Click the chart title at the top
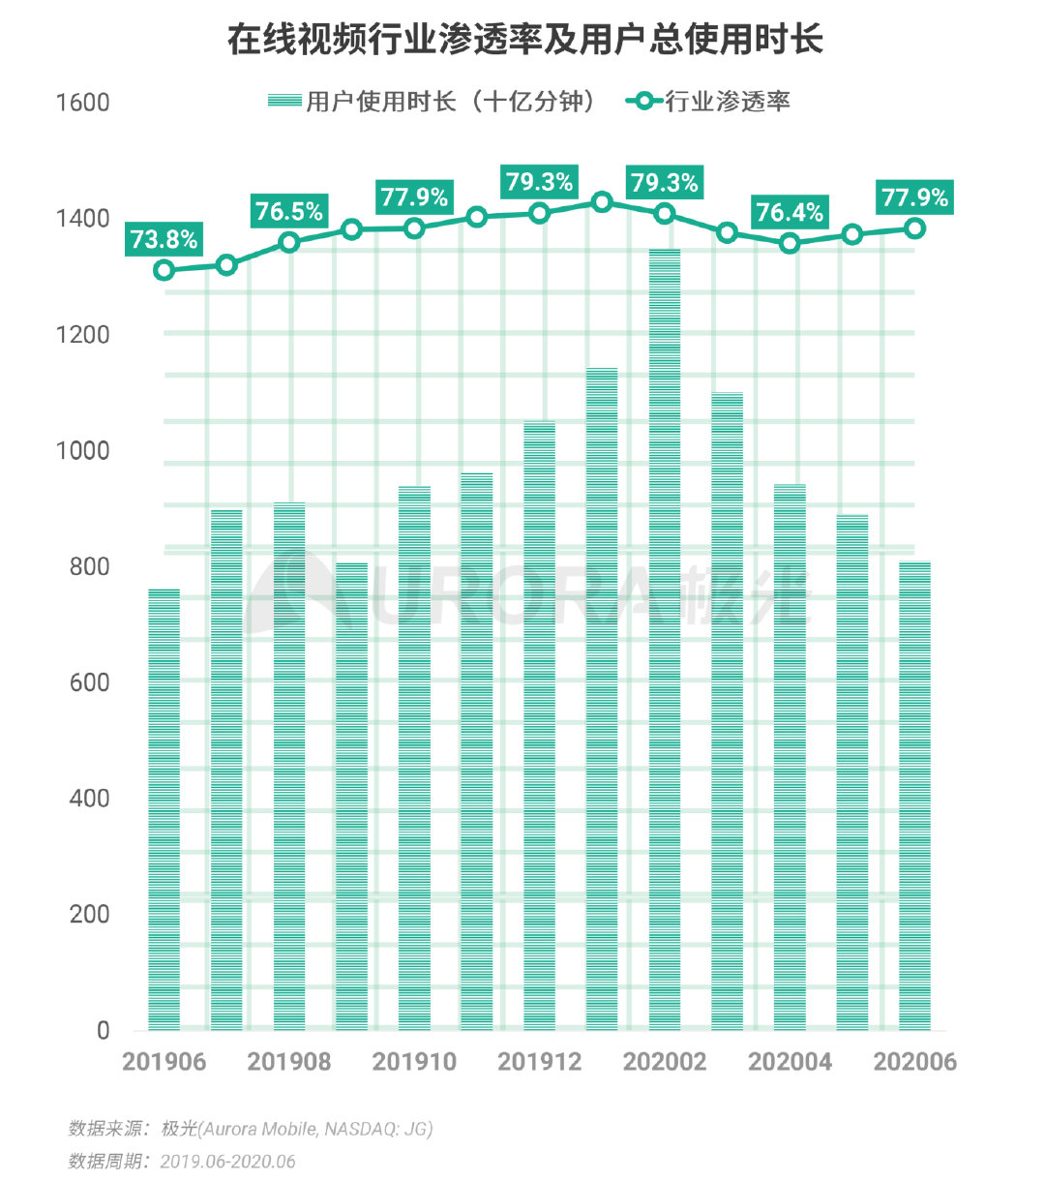523,40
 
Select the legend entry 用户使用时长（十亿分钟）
433,101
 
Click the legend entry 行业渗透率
710,101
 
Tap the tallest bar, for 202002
665,639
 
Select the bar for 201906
164,809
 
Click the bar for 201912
539,726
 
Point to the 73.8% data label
164,239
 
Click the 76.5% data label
288,211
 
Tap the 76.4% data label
790,212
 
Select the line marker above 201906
164,269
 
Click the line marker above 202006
914,228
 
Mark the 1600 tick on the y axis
83,103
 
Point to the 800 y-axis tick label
89,566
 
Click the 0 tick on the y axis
103,1030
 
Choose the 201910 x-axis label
414,1062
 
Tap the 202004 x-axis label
790,1062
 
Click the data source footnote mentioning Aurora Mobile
251,1129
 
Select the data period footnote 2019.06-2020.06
181,1161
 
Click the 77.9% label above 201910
414,197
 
